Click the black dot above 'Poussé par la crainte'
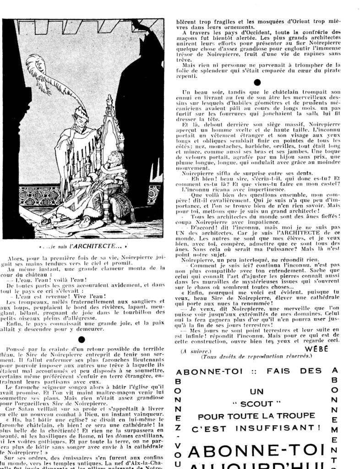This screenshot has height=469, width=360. coord(81,339)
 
